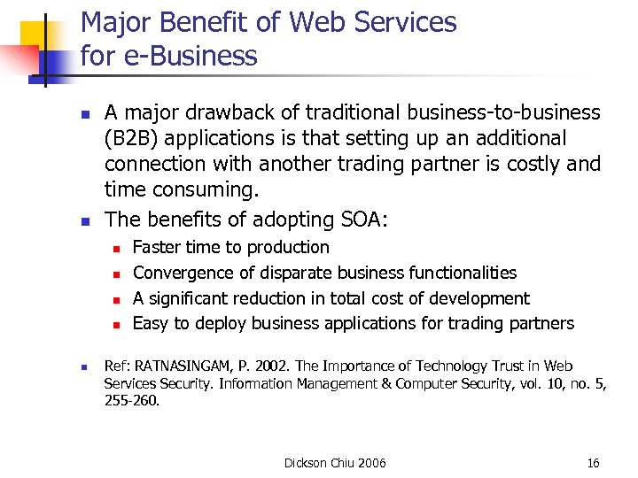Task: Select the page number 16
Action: click(x=594, y=463)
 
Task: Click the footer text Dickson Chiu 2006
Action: click(x=335, y=463)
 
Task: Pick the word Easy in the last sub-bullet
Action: click(x=150, y=324)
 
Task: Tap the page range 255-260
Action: click(x=131, y=400)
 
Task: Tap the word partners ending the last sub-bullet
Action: click(x=541, y=324)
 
